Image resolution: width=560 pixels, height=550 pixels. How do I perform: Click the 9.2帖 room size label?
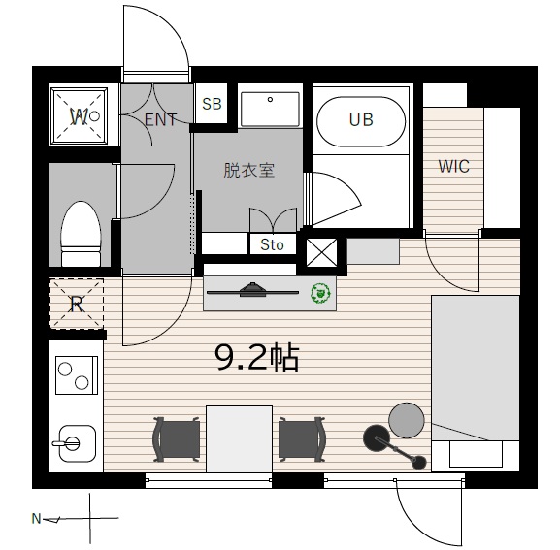(x=256, y=357)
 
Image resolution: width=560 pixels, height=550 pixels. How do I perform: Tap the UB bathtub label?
(x=361, y=120)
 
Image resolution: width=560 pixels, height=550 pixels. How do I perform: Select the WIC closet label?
(x=453, y=166)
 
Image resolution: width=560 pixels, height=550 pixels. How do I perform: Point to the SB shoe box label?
(x=212, y=104)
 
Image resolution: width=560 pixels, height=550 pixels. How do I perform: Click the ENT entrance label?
(x=160, y=119)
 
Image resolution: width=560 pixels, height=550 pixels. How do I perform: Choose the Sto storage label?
(x=272, y=244)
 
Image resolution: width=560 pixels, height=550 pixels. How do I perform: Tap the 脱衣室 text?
(x=248, y=171)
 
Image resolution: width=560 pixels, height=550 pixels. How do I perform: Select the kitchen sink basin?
(x=77, y=443)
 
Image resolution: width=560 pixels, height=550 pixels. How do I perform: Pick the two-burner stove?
(x=77, y=375)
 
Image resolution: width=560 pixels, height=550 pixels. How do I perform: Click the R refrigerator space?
(x=77, y=304)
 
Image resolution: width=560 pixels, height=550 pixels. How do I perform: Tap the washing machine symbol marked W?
(x=79, y=116)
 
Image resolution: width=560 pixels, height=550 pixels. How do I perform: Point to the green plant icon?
(x=320, y=293)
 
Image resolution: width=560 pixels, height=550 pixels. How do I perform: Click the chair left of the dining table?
(x=176, y=439)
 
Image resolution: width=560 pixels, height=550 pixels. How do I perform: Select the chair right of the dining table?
(x=302, y=439)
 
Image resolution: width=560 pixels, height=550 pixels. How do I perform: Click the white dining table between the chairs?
(x=240, y=439)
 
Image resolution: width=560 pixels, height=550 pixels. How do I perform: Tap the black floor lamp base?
(x=376, y=438)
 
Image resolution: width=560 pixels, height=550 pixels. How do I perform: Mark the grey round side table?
(x=407, y=420)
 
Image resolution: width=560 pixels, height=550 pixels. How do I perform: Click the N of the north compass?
(x=36, y=518)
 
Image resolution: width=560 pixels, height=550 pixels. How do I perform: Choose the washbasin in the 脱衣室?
(x=270, y=110)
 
